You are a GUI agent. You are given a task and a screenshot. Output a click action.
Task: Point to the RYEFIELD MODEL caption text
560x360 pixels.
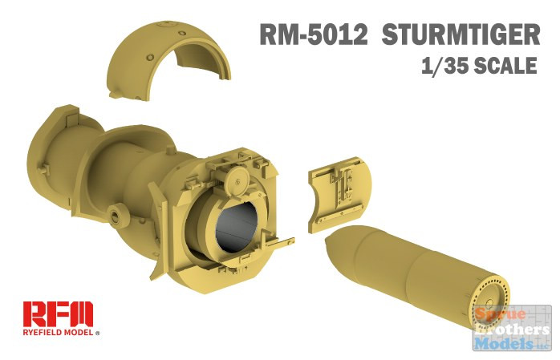click(x=55, y=331)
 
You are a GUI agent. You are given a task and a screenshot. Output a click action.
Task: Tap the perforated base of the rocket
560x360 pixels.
click(x=487, y=305)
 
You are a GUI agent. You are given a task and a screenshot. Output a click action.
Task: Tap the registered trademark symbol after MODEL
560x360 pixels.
click(x=98, y=331)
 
